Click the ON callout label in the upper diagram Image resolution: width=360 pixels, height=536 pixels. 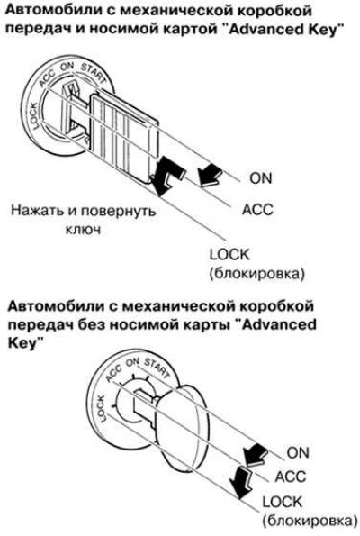[261, 177]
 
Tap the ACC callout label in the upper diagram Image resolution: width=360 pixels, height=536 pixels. [257, 209]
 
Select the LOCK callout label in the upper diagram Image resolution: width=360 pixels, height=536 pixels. [229, 255]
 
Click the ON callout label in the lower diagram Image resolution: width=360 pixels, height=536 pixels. [298, 452]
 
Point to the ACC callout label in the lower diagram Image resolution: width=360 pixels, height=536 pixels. [291, 477]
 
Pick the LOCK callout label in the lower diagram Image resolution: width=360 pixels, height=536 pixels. [282, 502]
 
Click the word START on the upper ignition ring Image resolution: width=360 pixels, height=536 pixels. [94, 72]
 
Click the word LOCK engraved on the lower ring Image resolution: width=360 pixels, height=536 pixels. [102, 408]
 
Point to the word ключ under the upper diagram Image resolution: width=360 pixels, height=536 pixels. [83, 229]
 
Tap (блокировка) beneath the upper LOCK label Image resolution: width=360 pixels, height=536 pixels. [256, 274]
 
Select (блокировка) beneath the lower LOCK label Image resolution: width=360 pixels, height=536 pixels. [310, 522]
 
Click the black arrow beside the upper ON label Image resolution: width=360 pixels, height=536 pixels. [210, 175]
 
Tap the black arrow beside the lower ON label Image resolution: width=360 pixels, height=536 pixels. [255, 455]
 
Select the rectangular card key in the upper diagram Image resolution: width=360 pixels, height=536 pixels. [123, 136]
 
